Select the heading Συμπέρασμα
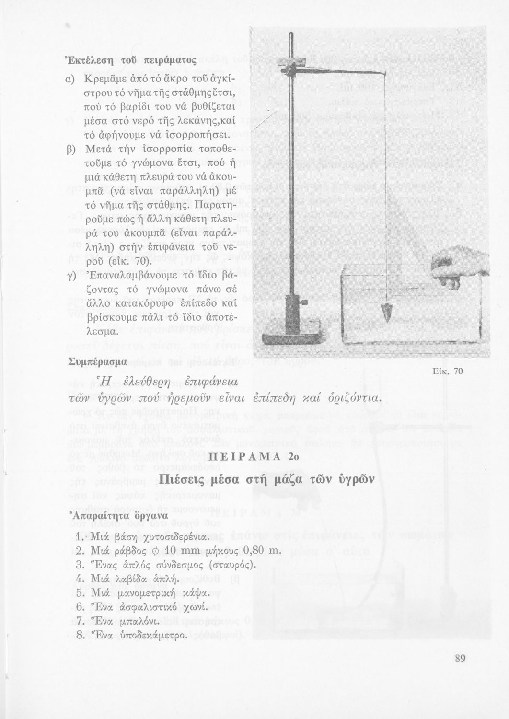click(96, 360)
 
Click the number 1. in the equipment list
click(80, 536)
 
